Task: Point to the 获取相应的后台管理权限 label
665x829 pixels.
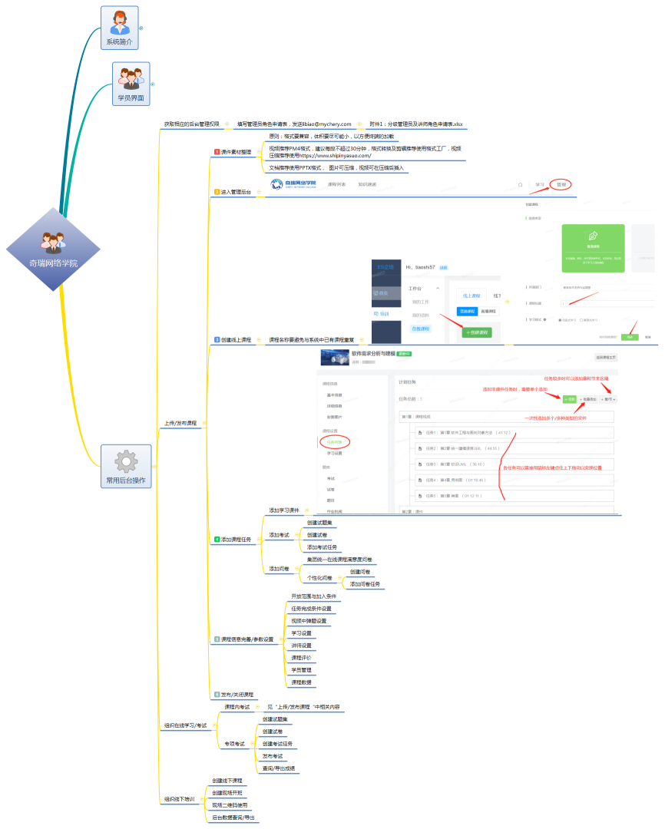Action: (191, 124)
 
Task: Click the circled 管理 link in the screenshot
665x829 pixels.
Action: (561, 184)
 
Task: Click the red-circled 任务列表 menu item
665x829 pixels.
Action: (335, 442)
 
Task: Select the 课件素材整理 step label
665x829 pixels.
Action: (236, 152)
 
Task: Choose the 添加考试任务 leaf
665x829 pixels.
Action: (322, 547)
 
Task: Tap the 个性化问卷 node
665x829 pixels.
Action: (319, 577)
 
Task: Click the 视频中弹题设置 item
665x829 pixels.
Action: (309, 621)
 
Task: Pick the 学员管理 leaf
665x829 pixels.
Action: (301, 670)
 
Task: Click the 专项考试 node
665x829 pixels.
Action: (234, 744)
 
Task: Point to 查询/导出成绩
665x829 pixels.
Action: (279, 768)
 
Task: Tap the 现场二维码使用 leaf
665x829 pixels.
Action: (230, 805)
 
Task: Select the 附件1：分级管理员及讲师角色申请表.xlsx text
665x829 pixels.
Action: (415, 124)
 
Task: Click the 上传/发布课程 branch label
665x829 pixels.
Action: (180, 423)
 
